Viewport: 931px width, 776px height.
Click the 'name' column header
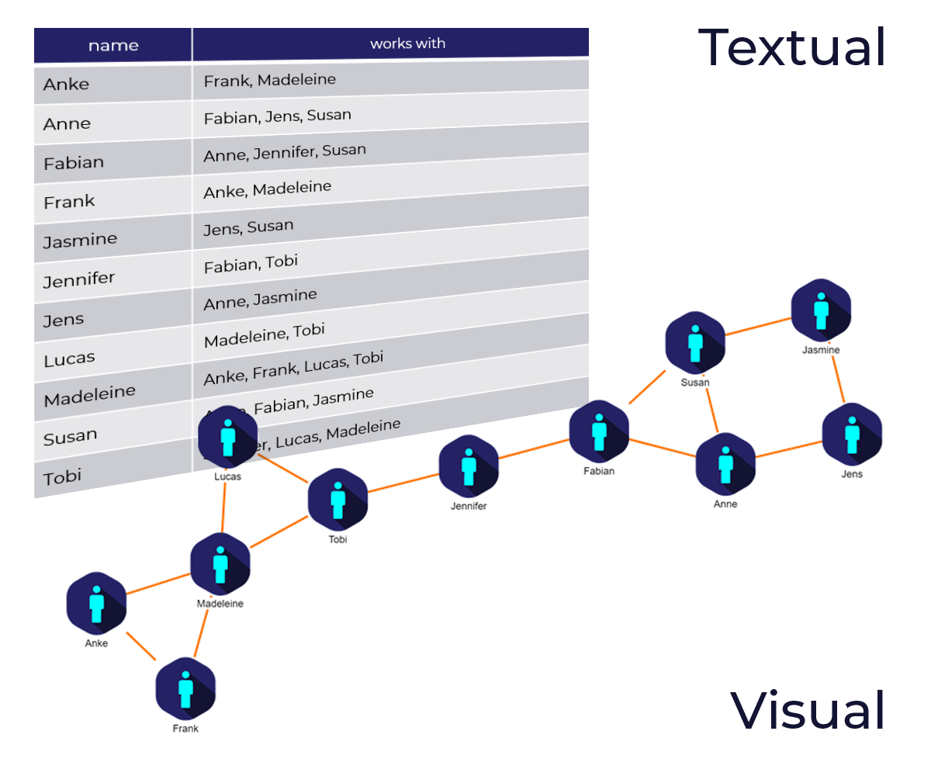[x=112, y=45]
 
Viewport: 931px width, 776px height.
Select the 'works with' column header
[x=407, y=43]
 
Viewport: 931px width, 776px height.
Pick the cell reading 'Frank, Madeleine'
[x=269, y=79]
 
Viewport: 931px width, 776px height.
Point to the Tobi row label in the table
[x=62, y=476]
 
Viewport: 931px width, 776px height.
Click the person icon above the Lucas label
[x=227, y=437]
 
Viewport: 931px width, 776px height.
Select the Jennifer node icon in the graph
[x=469, y=467]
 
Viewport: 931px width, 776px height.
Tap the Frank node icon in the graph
[x=185, y=688]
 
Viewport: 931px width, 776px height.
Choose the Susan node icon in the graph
[x=695, y=342]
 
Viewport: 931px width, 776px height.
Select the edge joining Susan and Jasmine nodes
[x=758, y=326]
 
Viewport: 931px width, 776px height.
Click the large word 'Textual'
[x=791, y=48]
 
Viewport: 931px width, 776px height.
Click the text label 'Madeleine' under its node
[x=220, y=604]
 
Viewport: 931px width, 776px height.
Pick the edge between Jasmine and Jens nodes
[x=837, y=376]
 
